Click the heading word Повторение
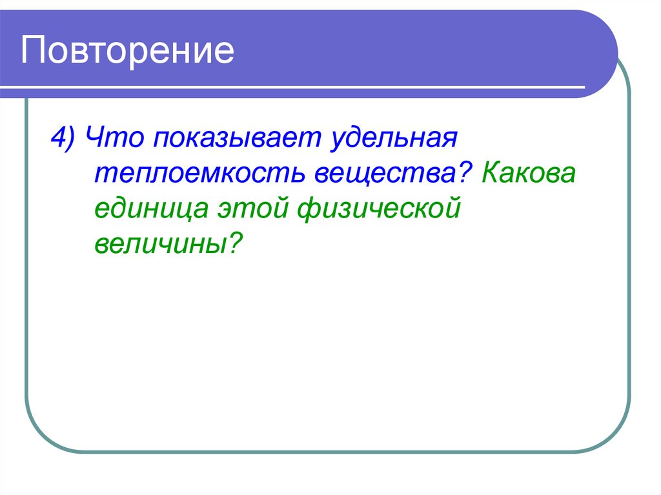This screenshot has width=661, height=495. [x=127, y=52]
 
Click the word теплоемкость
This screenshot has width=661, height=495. [x=201, y=175]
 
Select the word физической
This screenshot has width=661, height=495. [x=378, y=210]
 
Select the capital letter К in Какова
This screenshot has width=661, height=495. [x=491, y=175]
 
